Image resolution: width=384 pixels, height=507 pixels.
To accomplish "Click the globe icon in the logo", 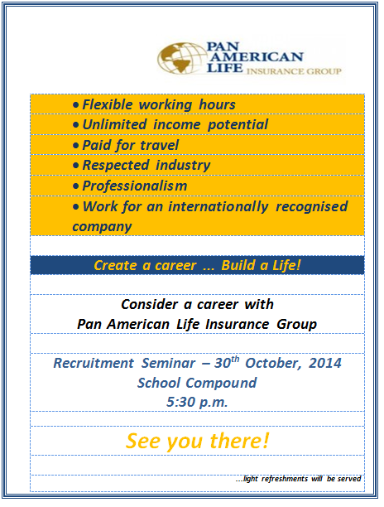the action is [181, 59].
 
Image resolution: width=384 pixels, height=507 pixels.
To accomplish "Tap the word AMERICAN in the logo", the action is [257, 57].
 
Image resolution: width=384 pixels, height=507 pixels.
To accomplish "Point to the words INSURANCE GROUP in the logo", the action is [294, 71].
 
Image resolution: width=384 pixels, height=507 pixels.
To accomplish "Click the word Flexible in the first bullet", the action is [108, 104].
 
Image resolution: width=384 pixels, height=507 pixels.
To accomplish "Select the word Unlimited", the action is [115, 124].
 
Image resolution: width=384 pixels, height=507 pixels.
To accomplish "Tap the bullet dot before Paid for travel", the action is [76, 146].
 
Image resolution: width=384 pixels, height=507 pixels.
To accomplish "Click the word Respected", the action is [116, 166].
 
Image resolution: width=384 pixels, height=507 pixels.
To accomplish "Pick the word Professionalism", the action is [135, 186].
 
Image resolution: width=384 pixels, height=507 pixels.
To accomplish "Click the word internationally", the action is [218, 206].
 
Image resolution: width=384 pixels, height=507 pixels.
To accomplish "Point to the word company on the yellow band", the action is [102, 227].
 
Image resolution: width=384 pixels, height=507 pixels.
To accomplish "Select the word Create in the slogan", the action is [115, 265].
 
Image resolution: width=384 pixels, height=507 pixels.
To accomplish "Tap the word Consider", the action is [150, 304].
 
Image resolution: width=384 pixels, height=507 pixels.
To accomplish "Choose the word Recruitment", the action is [94, 363].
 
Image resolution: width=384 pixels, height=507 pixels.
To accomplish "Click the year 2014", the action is [325, 363].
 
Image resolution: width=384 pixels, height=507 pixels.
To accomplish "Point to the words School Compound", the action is [197, 383].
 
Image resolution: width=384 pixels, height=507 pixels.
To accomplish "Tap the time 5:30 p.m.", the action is [197, 403].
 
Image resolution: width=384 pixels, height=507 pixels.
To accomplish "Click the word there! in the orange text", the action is [240, 441].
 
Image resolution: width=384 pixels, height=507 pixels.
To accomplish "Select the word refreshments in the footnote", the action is [285, 479].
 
